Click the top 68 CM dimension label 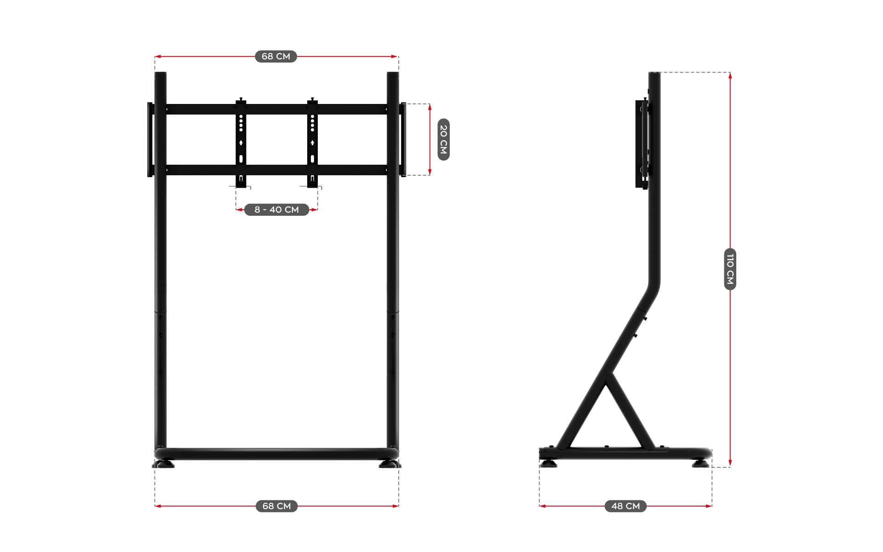(276, 57)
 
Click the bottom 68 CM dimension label (276, 506)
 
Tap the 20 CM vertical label (443, 139)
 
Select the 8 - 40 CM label (276, 210)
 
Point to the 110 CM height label (730, 269)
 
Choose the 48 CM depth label (625, 506)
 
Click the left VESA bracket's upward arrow (241, 143)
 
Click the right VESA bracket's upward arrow (312, 143)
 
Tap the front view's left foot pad (164, 465)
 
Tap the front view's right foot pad (389, 465)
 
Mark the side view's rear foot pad (548, 463)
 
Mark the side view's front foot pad (700, 463)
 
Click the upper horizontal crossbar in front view (276, 109)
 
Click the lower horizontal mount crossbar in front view (276, 170)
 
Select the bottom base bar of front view (276, 454)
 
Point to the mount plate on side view (641, 144)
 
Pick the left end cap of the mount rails (150, 139)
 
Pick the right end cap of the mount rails (403, 139)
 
